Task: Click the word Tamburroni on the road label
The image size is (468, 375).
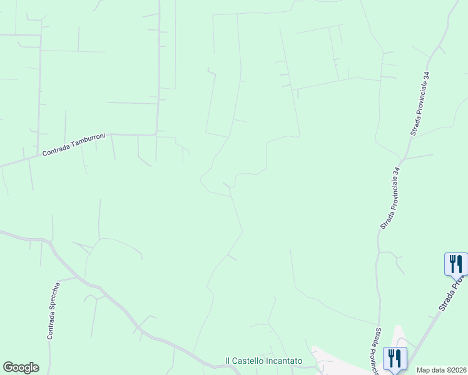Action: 88,140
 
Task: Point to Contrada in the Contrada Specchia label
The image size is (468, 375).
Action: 50,325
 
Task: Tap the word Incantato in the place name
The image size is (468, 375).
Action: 285,361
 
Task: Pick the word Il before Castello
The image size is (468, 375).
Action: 228,361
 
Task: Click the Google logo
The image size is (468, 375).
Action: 21,367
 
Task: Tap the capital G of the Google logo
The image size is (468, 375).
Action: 8,367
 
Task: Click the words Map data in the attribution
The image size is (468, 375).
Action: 430,370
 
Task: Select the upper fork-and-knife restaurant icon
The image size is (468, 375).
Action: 455,263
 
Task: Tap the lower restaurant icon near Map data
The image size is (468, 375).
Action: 394,358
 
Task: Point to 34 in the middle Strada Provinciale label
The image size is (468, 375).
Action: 397,171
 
